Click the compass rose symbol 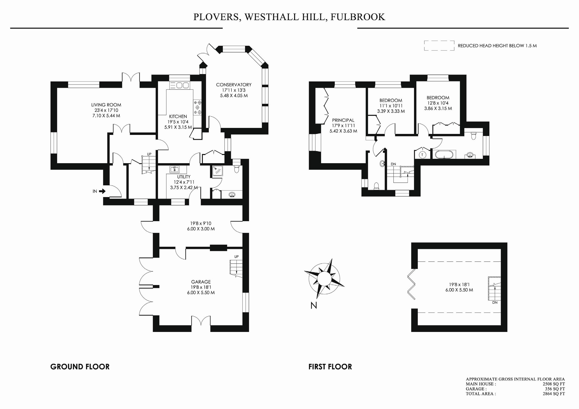coord(324,279)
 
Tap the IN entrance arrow coord(102,191)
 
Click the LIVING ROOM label coord(106,105)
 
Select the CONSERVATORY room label coord(233,85)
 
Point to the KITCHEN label coord(178,117)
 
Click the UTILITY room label coord(183,177)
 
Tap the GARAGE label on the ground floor coord(201,282)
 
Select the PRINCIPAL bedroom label coord(343,120)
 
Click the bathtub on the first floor coord(444,154)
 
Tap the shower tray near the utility coord(216,171)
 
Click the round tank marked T coord(422,155)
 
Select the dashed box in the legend coord(439,46)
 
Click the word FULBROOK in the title coord(357,17)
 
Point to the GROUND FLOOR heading coord(80,367)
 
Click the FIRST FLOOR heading coord(330,367)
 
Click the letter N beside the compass coord(314,305)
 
